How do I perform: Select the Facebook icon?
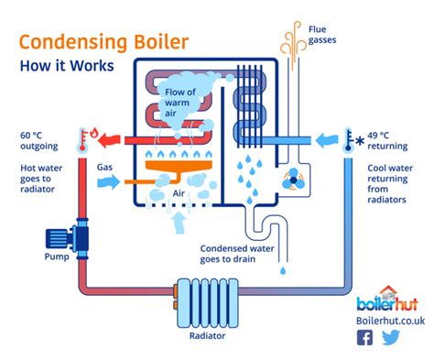[x=365, y=338]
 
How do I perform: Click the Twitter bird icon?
[x=391, y=338]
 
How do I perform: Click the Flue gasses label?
[x=324, y=36]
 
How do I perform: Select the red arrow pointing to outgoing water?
[x=114, y=140]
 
